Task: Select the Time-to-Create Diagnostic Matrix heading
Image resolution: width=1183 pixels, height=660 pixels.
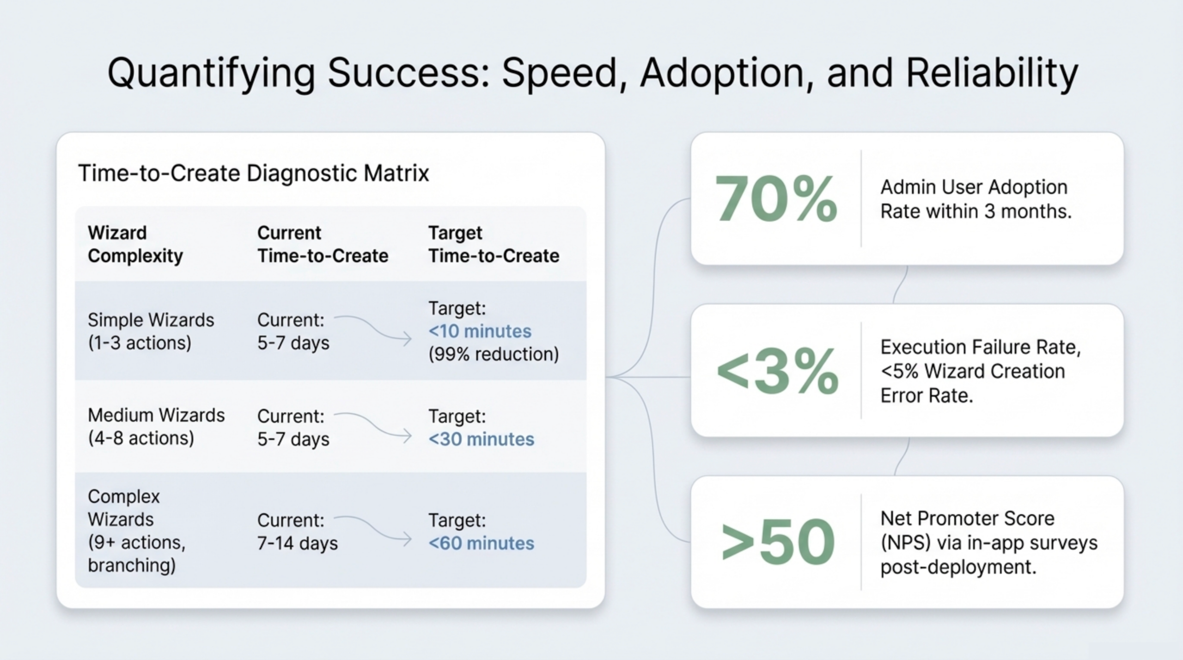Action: pyautogui.click(x=254, y=173)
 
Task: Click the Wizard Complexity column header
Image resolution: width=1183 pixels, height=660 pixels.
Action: pyautogui.click(x=135, y=244)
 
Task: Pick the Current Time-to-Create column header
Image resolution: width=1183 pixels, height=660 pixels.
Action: pyautogui.click(x=323, y=244)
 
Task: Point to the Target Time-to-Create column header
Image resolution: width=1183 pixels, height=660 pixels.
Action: pyautogui.click(x=494, y=244)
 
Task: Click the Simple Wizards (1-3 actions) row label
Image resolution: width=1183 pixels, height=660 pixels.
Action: pyautogui.click(x=151, y=331)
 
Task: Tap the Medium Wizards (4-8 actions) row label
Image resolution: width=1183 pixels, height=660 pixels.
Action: pyautogui.click(x=156, y=426)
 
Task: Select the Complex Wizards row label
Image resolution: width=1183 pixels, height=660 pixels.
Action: pyautogui.click(x=137, y=530)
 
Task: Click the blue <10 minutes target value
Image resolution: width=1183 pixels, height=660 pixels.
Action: pyautogui.click(x=480, y=331)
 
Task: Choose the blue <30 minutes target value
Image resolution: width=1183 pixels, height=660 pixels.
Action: pyautogui.click(x=481, y=439)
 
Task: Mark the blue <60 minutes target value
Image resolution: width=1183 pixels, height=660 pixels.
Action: pyautogui.click(x=481, y=543)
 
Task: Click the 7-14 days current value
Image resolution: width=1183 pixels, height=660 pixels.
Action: pyautogui.click(x=297, y=543)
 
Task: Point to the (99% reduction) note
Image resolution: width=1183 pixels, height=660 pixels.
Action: pyautogui.click(x=494, y=354)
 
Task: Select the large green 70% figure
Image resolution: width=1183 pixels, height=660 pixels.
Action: pyautogui.click(x=776, y=199)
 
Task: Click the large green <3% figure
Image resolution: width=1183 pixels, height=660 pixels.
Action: pyautogui.click(x=777, y=371)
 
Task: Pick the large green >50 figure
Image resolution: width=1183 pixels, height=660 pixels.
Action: pyautogui.click(x=778, y=542)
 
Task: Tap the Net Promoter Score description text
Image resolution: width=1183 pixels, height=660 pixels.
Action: pyautogui.click(x=989, y=543)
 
